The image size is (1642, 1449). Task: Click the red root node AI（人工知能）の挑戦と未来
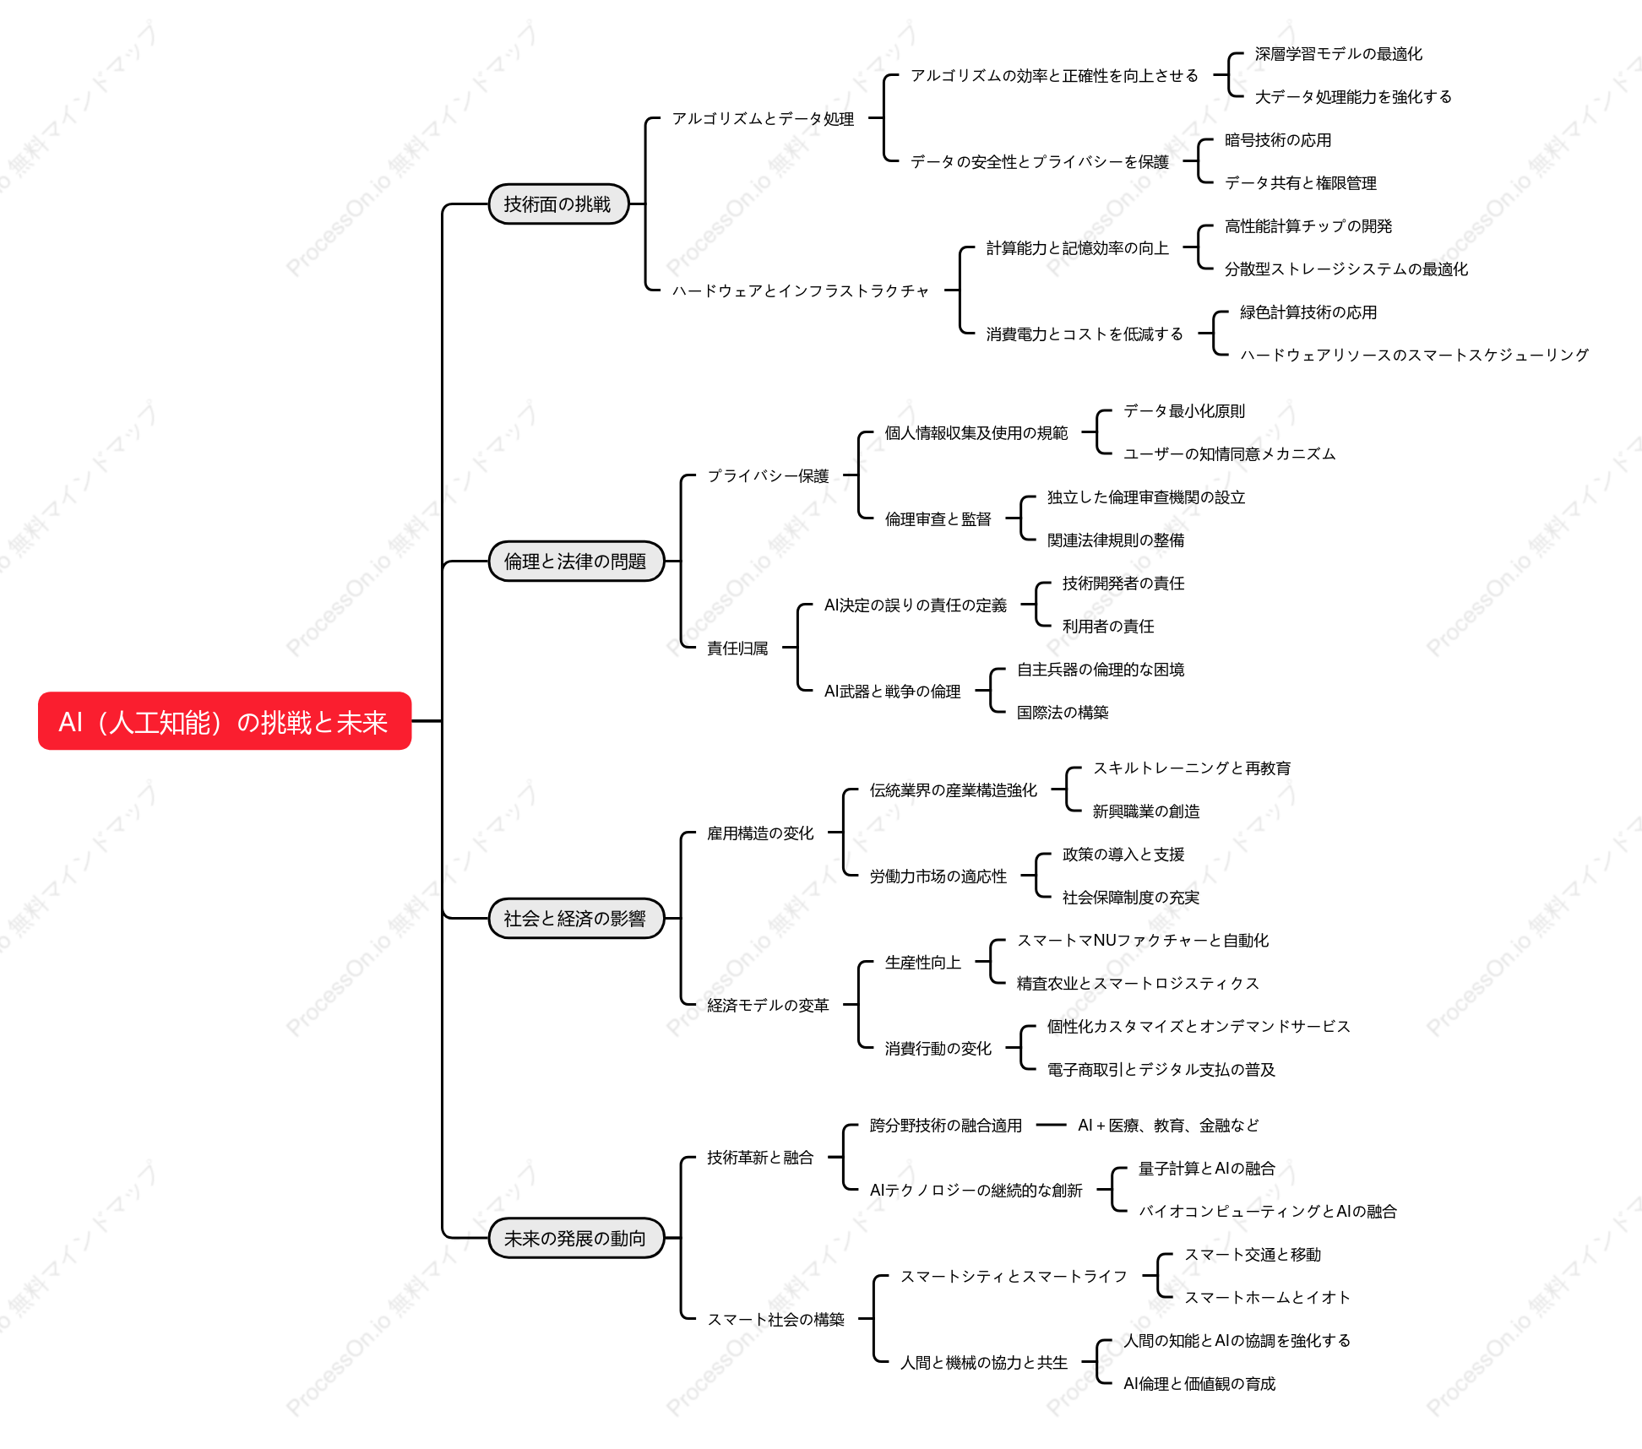point(225,721)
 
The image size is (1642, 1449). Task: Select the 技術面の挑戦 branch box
point(558,204)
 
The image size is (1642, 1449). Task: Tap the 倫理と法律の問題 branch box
point(576,562)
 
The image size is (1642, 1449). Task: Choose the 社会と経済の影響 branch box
point(576,919)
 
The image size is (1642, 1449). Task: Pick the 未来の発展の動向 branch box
point(576,1238)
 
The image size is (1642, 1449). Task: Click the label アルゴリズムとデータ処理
point(764,119)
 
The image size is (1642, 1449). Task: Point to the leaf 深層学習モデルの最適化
point(1338,54)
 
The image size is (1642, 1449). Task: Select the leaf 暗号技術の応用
point(1278,140)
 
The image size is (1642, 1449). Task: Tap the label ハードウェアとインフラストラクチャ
point(800,291)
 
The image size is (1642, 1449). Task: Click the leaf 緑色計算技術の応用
point(1308,312)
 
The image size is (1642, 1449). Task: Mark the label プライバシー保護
point(768,476)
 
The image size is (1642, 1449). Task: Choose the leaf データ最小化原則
point(1184,411)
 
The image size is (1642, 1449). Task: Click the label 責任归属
point(737,649)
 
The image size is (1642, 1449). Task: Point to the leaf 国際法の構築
point(1063,713)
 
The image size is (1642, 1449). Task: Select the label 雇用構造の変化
point(760,833)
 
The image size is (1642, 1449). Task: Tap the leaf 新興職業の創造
point(1146,811)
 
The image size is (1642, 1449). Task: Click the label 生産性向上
point(923,963)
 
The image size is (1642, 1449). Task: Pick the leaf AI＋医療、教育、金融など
point(1168,1126)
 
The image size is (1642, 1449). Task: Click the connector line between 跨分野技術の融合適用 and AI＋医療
point(1051,1125)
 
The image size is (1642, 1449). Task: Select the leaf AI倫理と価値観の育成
point(1199,1384)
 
